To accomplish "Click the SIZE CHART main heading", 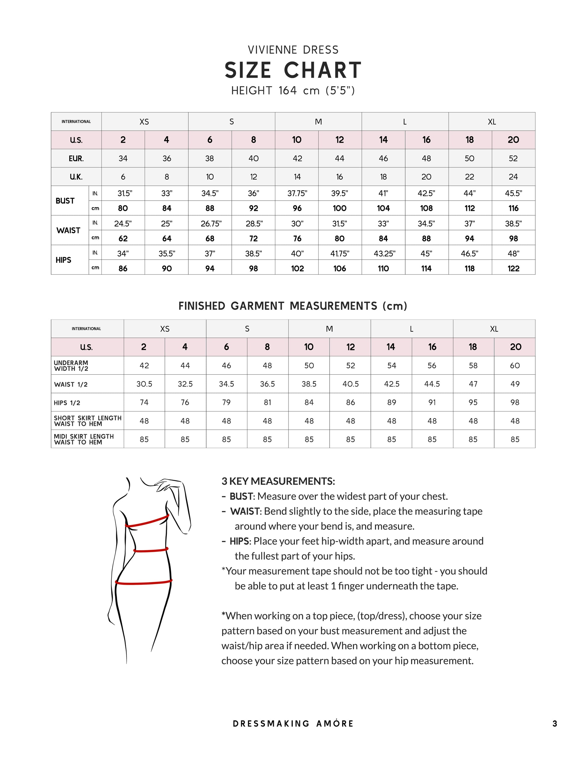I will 293,70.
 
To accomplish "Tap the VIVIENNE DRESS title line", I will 293,50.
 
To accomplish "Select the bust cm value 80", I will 123,208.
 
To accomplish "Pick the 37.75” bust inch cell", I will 297,193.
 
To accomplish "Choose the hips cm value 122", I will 513,268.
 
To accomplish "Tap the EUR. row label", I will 76,159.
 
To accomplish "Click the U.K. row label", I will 76,177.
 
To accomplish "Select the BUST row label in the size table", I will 65,201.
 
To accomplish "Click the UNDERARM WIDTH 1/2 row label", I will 71,366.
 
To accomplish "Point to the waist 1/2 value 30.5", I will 144,384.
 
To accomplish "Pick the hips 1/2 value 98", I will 515,402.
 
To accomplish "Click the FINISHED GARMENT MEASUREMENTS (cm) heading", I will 293,306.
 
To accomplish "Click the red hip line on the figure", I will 144,582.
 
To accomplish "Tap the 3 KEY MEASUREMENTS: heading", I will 278,481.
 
